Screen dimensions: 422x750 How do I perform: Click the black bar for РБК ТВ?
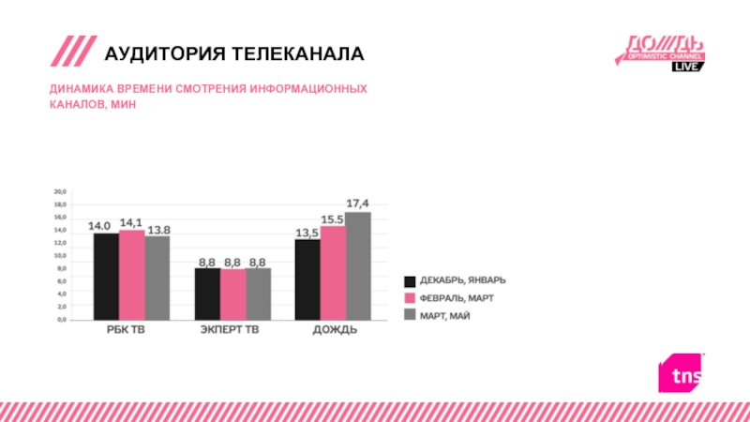(106, 277)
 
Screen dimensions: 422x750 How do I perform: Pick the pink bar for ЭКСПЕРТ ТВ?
(232, 294)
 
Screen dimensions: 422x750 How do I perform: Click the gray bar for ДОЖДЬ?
(358, 266)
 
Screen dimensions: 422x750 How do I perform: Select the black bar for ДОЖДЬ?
(307, 279)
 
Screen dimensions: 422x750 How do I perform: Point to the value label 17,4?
(358, 203)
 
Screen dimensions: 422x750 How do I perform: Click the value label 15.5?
(333, 219)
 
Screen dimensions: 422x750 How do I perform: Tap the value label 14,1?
(131, 222)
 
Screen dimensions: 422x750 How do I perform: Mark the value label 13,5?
(307, 233)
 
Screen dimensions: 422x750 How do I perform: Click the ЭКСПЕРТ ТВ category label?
(232, 332)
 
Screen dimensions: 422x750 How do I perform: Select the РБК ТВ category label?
(125, 332)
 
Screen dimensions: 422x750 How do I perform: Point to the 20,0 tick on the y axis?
(58, 191)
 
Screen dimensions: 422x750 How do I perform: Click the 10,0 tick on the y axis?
(58, 255)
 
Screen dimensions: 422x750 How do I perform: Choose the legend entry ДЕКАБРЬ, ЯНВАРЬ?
(463, 280)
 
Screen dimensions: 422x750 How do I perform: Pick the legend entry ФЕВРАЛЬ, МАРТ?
(457, 297)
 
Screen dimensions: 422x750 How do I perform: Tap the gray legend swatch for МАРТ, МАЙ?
(410, 314)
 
